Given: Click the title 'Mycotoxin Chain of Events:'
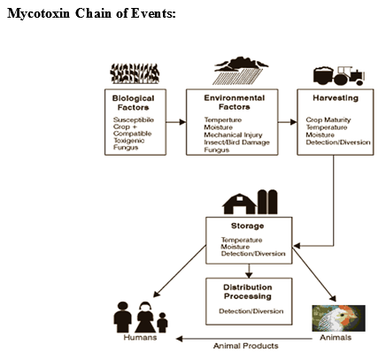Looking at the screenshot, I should [91, 15].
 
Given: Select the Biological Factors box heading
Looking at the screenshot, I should [134, 100].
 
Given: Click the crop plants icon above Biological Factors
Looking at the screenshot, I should [134, 74].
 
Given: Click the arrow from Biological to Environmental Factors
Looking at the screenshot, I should [175, 120].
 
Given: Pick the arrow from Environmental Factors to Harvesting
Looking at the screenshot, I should [285, 120].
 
